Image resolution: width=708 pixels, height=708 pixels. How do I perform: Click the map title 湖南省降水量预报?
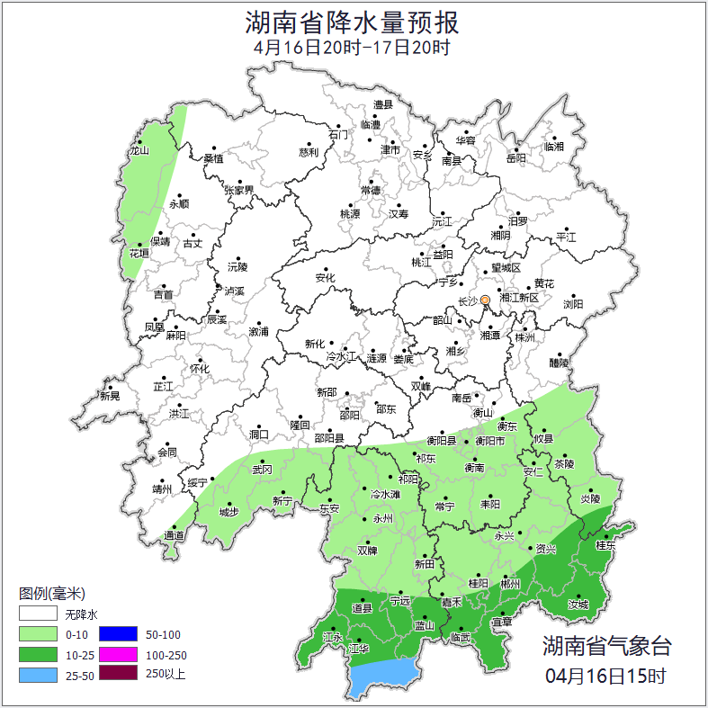(x=353, y=22)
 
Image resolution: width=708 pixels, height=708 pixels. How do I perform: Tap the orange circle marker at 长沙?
(x=485, y=300)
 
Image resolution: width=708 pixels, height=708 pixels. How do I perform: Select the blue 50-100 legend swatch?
(x=117, y=634)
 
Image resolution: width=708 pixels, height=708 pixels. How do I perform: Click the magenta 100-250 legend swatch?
(x=117, y=654)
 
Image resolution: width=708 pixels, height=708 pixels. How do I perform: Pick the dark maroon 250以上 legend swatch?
(x=117, y=674)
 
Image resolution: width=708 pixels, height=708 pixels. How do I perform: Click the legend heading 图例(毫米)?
(x=51, y=594)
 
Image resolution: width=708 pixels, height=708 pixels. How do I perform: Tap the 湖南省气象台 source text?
(x=606, y=645)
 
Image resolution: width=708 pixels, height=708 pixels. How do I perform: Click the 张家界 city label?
(x=238, y=191)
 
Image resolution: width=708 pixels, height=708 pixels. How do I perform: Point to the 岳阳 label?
(x=515, y=158)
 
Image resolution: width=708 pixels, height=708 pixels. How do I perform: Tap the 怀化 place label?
(x=199, y=369)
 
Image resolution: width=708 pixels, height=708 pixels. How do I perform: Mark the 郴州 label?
(x=510, y=584)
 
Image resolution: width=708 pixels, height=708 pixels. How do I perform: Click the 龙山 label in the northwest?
(x=138, y=151)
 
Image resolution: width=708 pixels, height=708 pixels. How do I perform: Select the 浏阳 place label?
(x=573, y=305)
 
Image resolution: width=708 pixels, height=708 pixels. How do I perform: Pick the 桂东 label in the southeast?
(x=605, y=545)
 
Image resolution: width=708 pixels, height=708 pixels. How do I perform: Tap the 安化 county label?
(x=325, y=278)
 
